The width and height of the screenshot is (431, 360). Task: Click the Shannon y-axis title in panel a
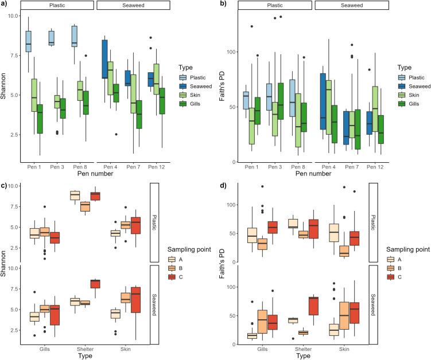[x=4, y=88]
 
